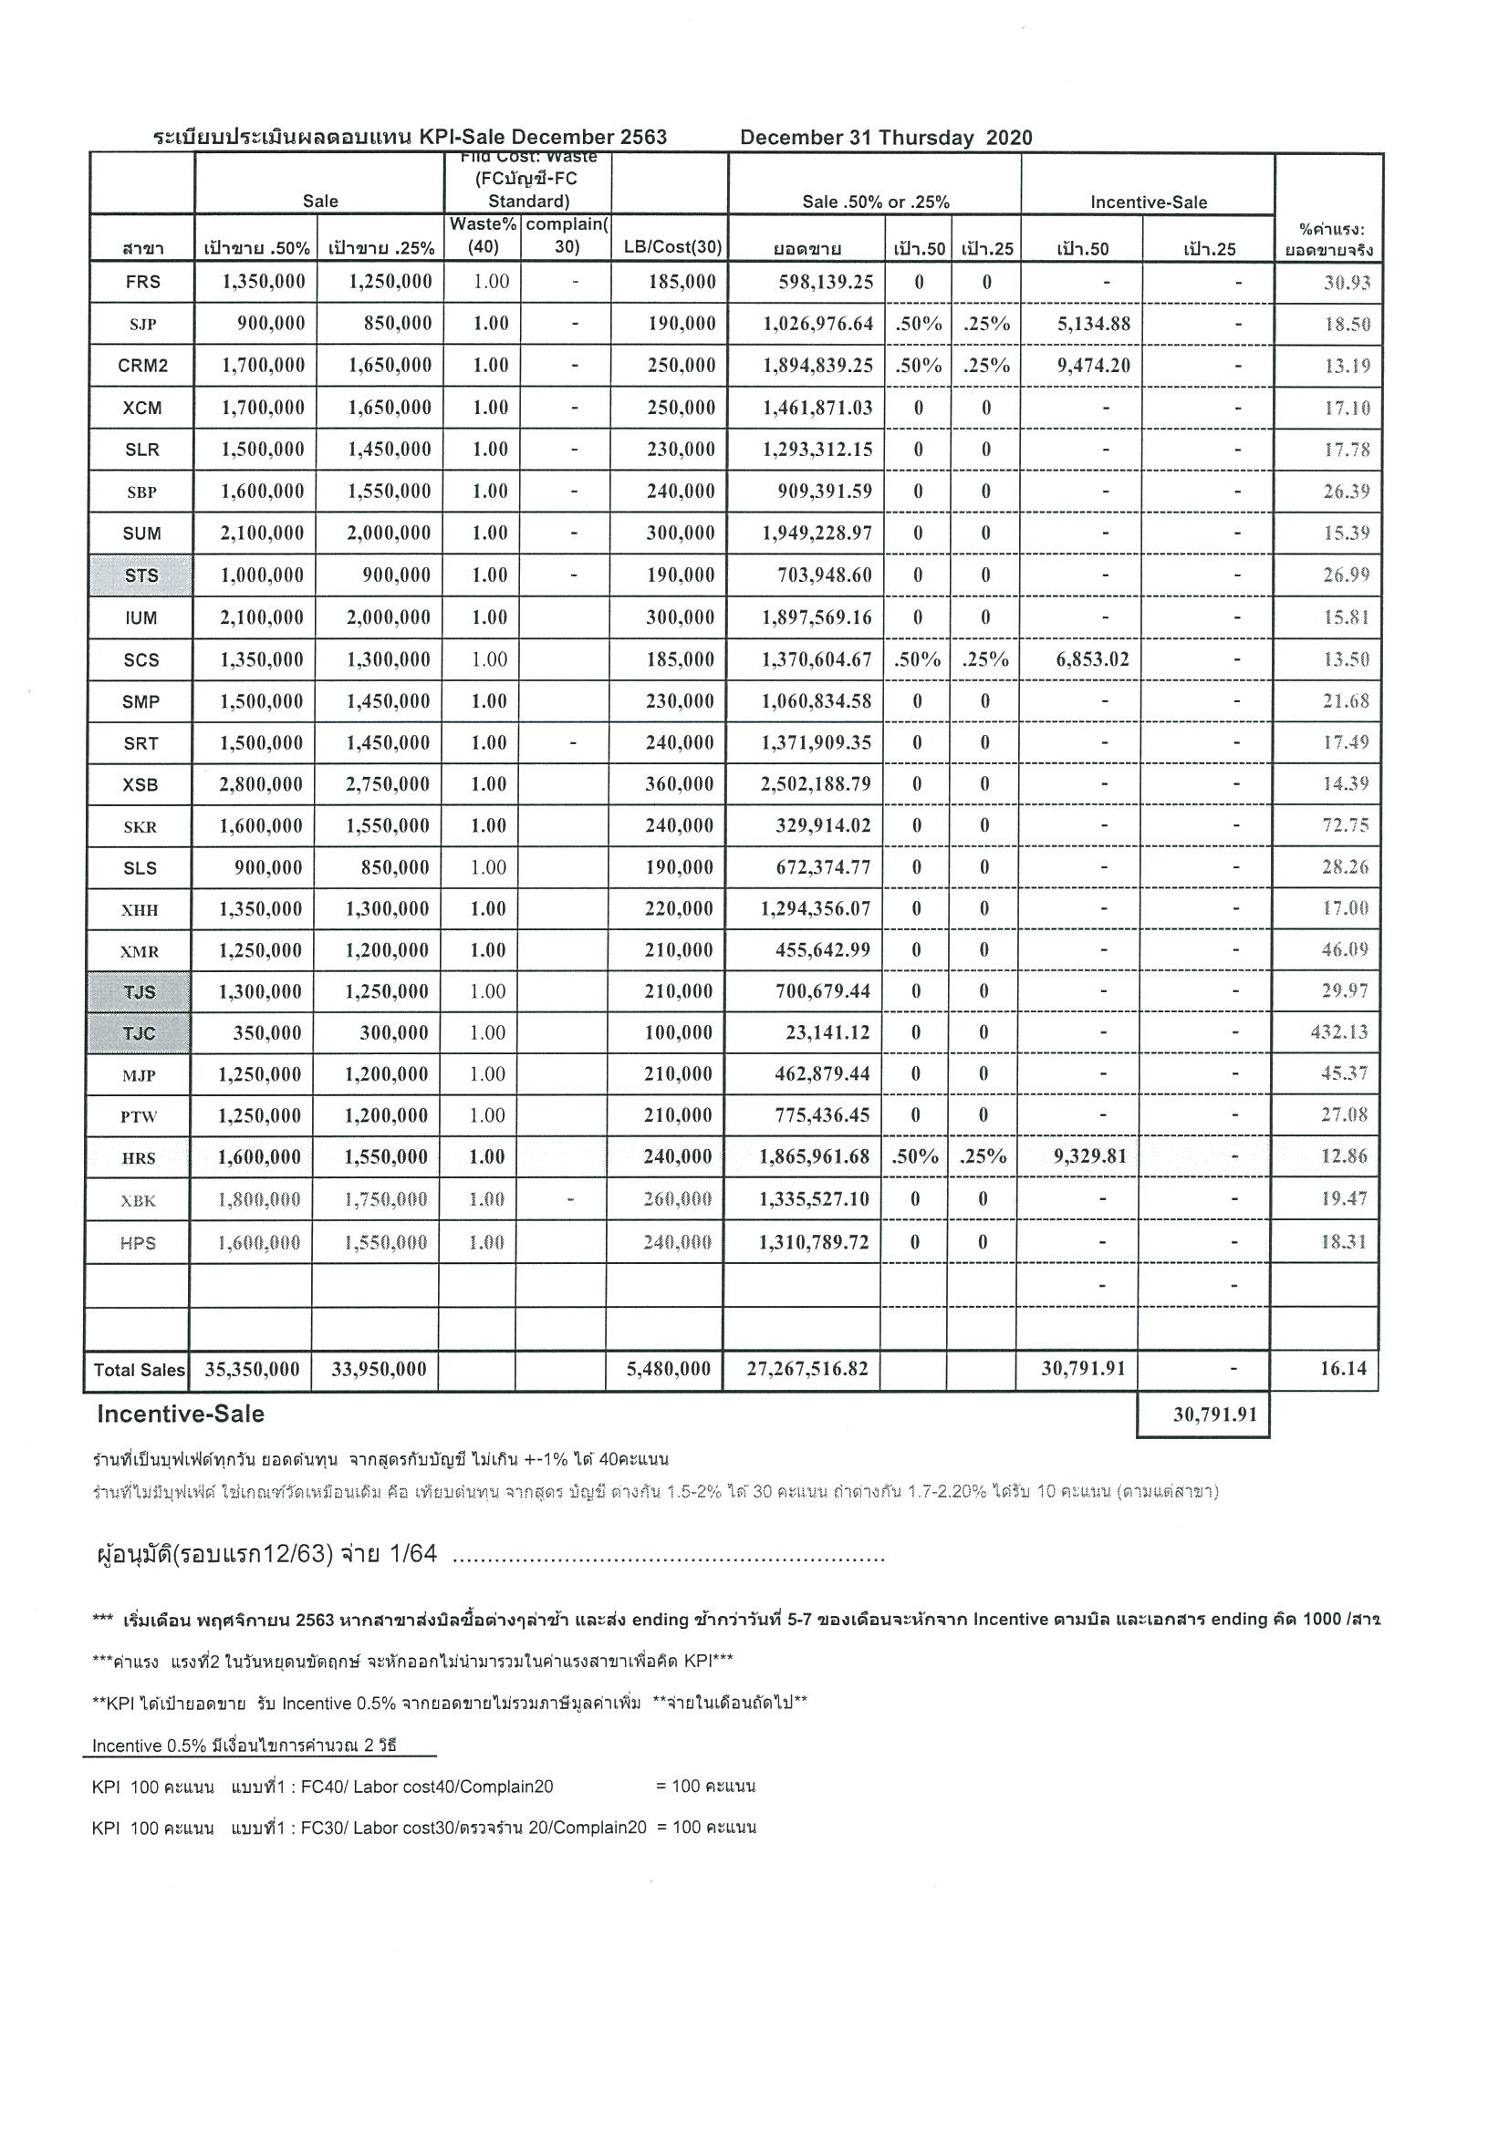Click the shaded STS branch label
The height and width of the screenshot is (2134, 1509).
[x=141, y=575]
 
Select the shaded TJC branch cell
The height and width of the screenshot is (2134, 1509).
[x=139, y=1032]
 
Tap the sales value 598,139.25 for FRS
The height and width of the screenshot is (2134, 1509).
[x=826, y=283]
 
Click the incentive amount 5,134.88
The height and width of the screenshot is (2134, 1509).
[x=1093, y=325]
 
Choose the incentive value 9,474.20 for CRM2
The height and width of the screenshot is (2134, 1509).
[x=1093, y=366]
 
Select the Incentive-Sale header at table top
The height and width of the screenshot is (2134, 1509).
[x=1149, y=202]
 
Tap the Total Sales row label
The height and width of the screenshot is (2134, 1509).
[x=140, y=1370]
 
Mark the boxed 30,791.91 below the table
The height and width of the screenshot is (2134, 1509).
[x=1214, y=1414]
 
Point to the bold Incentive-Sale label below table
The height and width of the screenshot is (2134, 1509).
[x=181, y=1414]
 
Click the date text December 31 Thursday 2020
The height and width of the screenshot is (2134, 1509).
[x=886, y=138]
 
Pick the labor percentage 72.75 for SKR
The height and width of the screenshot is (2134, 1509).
[x=1346, y=826]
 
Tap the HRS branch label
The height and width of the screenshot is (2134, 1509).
[x=139, y=1158]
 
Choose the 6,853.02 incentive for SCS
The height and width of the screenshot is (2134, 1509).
[x=1092, y=660]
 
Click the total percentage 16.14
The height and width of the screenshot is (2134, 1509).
[x=1343, y=1369]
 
